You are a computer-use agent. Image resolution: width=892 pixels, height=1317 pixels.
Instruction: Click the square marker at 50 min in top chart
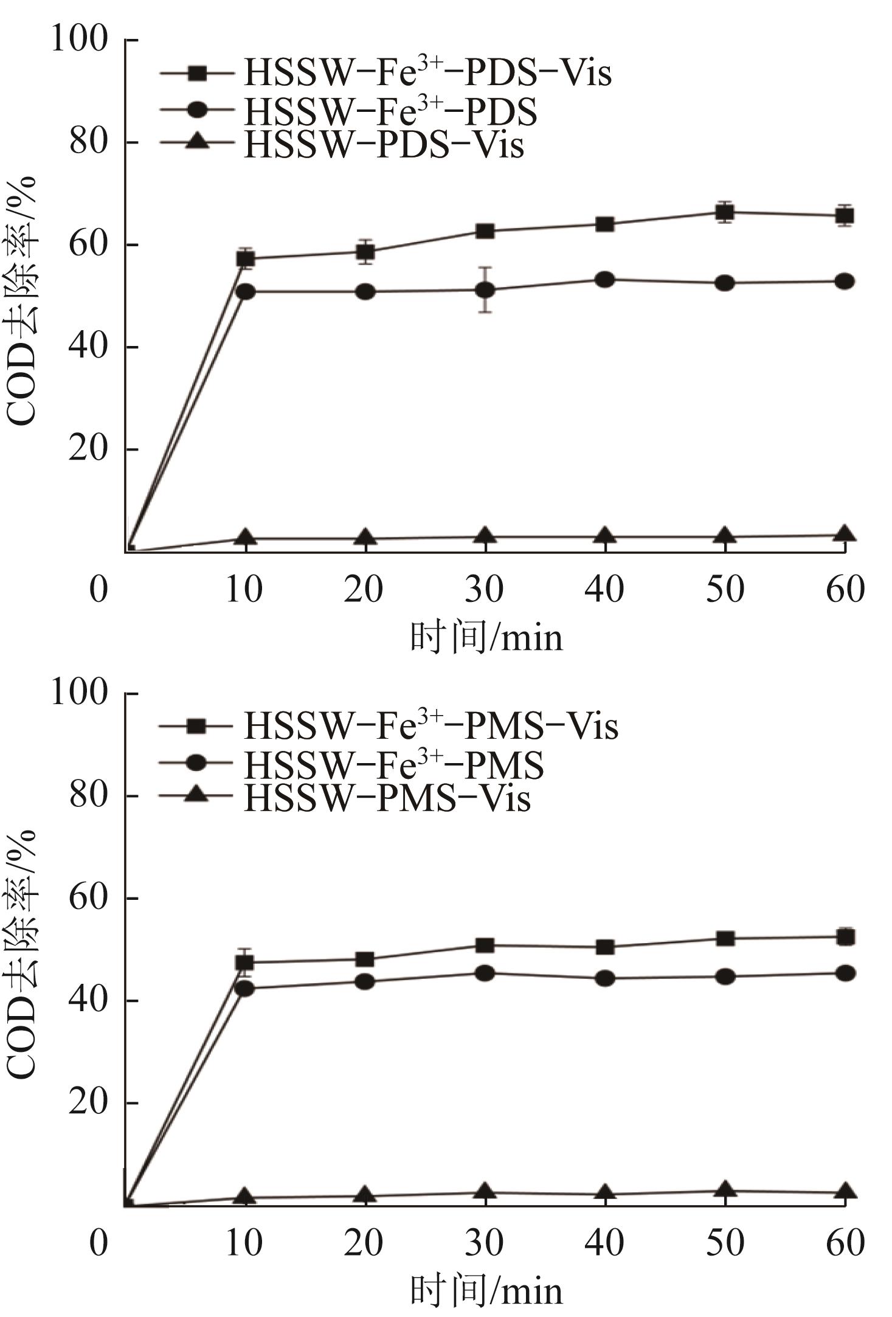tap(724, 212)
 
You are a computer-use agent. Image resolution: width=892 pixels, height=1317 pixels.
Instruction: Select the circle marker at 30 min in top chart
tap(485, 290)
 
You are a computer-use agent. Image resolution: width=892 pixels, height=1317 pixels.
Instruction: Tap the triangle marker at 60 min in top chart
tap(844, 534)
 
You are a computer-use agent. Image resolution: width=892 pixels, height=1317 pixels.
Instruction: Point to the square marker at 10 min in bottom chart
tap(245, 963)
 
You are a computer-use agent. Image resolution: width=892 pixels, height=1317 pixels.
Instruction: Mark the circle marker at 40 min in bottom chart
tap(604, 978)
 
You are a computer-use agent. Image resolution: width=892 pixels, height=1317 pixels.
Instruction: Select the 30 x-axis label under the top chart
tap(485, 589)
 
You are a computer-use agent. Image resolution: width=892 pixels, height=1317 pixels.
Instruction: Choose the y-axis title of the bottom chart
tap(22, 953)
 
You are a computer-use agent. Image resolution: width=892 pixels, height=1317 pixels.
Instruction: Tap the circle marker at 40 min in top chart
tap(604, 280)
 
